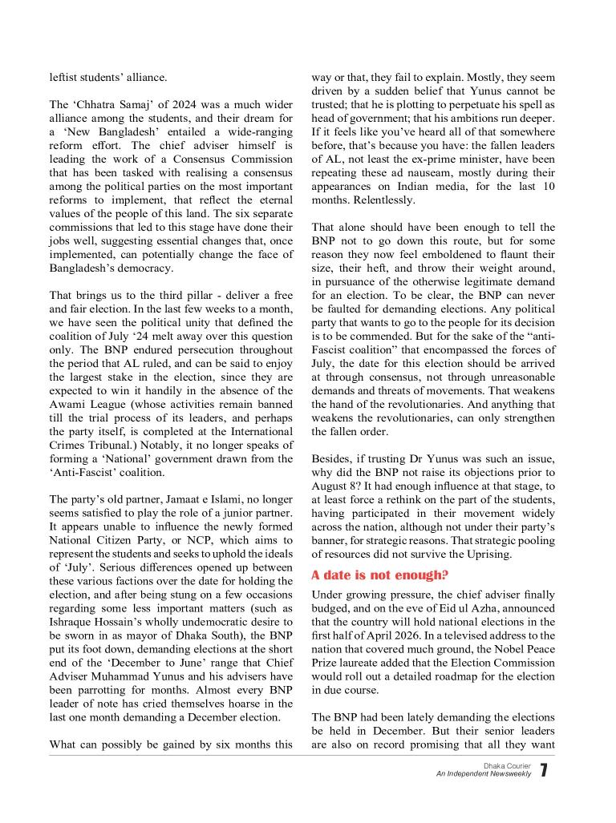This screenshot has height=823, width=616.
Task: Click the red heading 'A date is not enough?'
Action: [x=379, y=575]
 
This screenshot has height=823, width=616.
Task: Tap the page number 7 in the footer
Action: [x=544, y=771]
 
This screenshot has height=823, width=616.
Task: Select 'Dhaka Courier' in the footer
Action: [x=507, y=766]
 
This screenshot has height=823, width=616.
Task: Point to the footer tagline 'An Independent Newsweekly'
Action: [x=483, y=775]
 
